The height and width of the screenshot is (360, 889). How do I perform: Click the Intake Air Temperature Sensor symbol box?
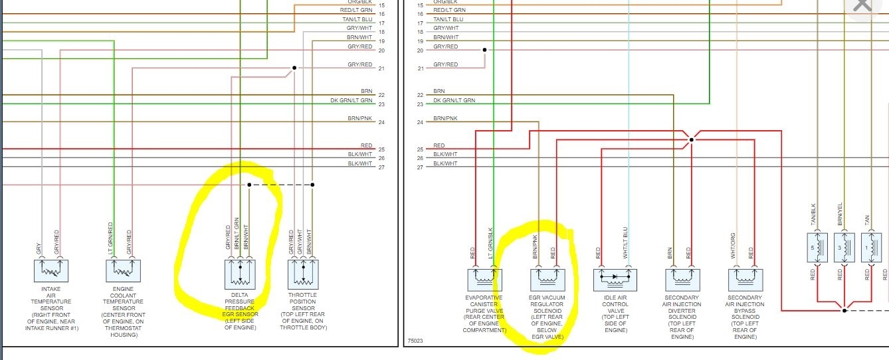point(51,270)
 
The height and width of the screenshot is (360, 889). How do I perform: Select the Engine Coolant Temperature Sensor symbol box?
point(123,270)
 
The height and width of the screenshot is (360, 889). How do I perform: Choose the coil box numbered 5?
point(817,247)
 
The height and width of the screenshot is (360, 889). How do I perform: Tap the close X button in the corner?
point(862,6)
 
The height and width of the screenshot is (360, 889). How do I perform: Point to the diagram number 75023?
point(415,342)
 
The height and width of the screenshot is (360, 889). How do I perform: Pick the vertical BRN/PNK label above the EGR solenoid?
point(536,246)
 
